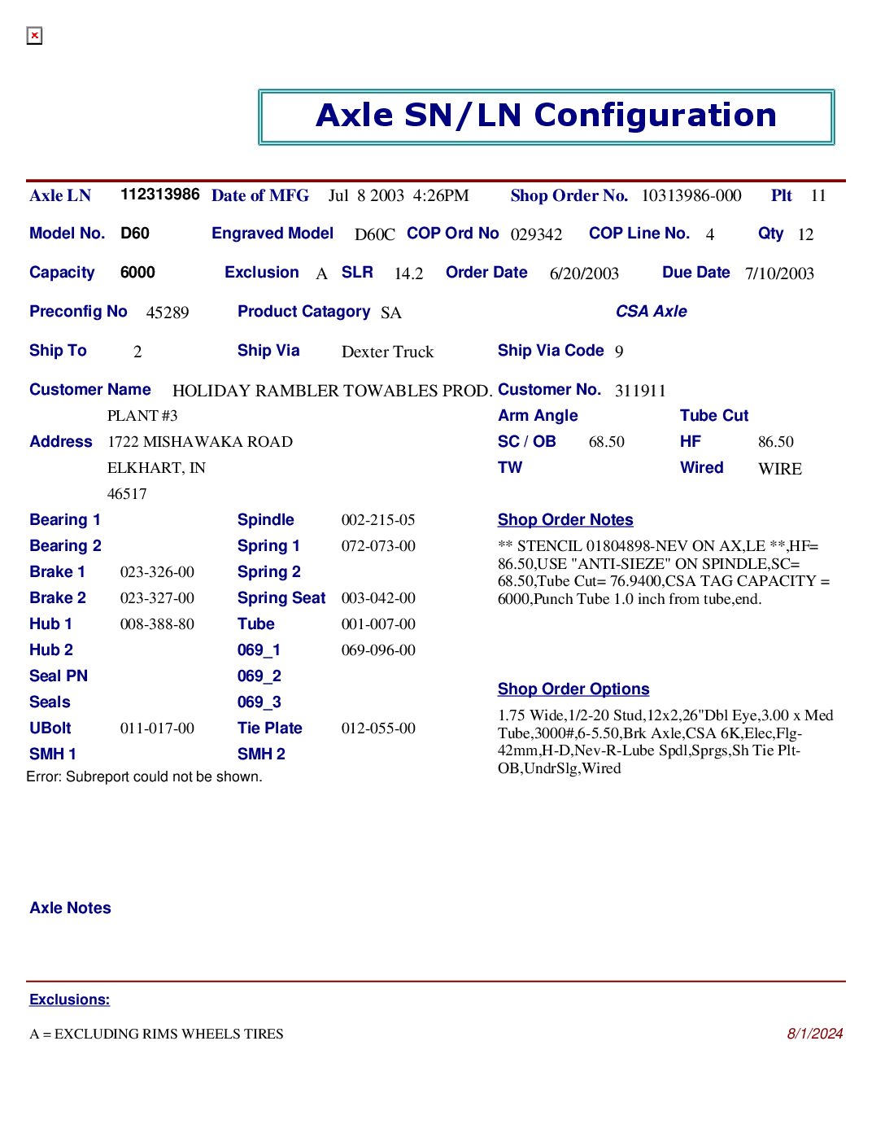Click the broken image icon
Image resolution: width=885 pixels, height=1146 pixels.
tap(34, 36)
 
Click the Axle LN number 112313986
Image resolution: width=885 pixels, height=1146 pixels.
tap(159, 195)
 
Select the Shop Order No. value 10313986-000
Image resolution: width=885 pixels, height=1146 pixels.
tap(691, 196)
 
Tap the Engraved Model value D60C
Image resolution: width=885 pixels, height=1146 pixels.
tap(374, 235)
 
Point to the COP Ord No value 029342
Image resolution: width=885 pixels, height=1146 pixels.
tap(536, 235)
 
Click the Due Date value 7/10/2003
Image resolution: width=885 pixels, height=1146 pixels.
tap(779, 274)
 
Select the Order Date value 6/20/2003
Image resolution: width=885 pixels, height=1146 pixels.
tap(584, 274)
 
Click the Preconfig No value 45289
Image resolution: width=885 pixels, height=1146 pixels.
tap(168, 313)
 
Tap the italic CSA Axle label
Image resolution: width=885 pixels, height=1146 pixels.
tap(651, 312)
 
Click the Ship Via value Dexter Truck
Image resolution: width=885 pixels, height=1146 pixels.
tap(387, 352)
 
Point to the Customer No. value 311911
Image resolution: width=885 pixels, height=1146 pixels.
tap(640, 391)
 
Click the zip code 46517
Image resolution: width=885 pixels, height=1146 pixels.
tap(127, 494)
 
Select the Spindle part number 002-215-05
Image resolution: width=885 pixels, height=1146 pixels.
tap(378, 520)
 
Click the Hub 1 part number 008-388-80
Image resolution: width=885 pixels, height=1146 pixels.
tap(157, 624)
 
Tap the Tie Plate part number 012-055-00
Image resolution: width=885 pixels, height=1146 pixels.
tap(378, 728)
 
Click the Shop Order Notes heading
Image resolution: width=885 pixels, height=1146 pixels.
tap(565, 520)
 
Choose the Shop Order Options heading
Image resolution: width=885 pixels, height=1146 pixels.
tap(573, 689)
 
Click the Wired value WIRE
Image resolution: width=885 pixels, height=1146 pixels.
tap(779, 470)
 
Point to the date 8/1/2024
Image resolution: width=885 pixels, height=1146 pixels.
tap(814, 1034)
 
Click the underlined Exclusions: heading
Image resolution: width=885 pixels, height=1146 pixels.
tap(69, 999)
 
